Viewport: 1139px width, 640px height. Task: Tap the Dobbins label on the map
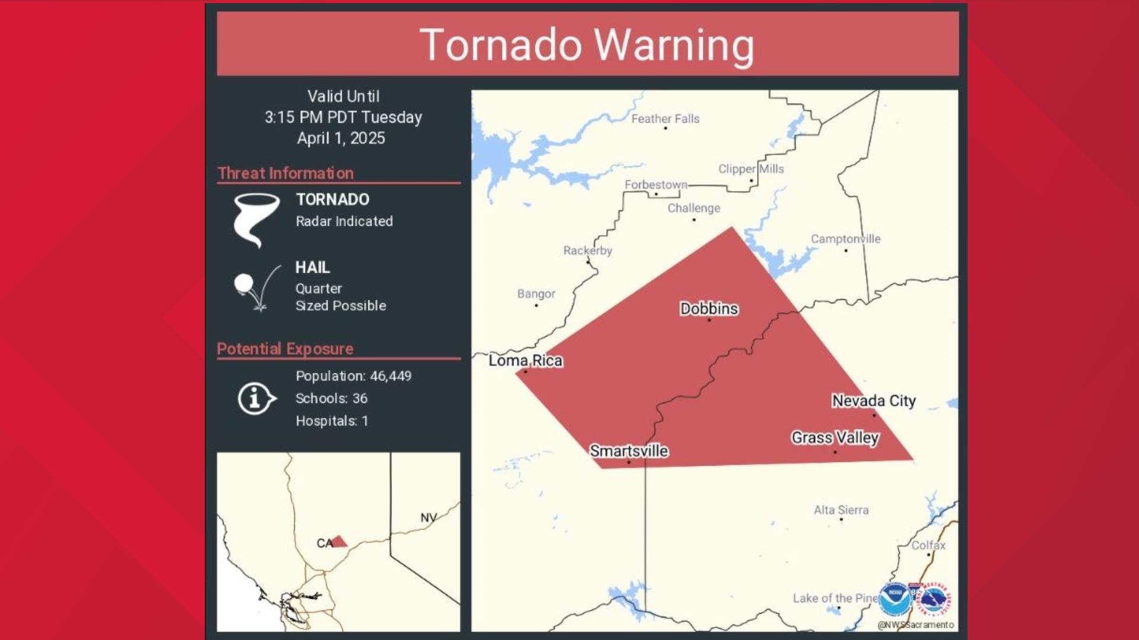point(708,309)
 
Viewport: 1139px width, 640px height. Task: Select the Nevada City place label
point(873,401)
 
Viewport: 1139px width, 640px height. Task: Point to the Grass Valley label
point(835,438)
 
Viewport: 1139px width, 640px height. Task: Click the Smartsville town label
point(628,451)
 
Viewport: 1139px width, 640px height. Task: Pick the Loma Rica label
point(525,360)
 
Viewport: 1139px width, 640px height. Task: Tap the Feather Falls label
point(665,119)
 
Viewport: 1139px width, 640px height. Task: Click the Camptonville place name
point(845,239)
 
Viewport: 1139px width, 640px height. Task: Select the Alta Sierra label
point(841,510)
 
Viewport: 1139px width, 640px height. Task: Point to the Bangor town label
point(536,294)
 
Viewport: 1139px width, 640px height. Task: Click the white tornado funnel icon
point(256,218)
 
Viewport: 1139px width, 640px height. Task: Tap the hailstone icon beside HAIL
point(244,283)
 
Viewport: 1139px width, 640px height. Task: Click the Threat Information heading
point(285,173)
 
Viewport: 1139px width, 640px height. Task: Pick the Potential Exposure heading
point(285,349)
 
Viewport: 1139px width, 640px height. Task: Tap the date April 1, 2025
point(341,138)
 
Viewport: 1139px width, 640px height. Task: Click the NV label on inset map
point(428,517)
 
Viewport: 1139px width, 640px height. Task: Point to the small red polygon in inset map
point(339,541)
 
